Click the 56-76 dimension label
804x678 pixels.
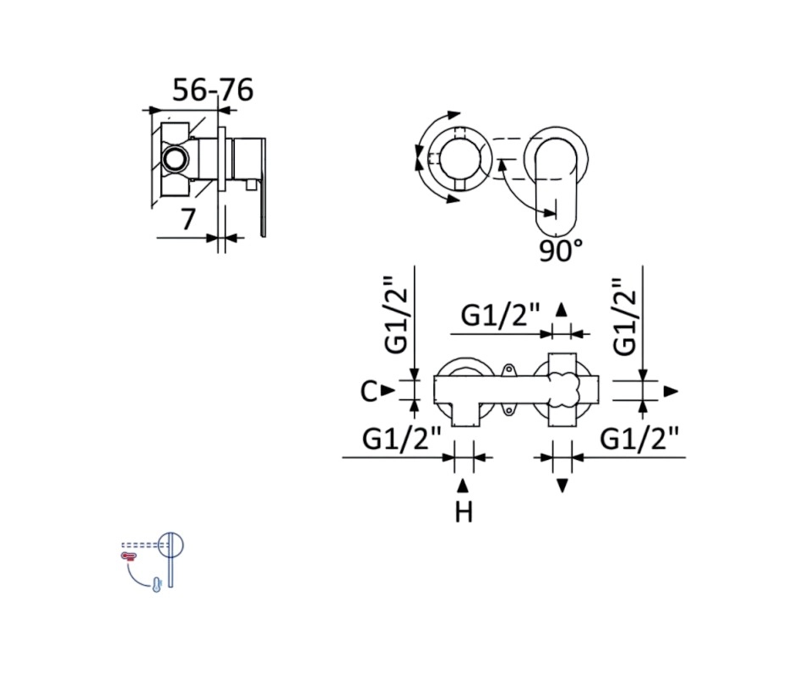[212, 90]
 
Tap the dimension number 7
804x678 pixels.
[188, 219]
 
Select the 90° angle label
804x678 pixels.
[561, 251]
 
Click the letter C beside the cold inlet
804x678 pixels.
[369, 391]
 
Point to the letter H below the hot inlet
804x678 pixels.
[464, 511]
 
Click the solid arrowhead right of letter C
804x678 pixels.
[388, 391]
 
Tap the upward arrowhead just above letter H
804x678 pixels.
[463, 485]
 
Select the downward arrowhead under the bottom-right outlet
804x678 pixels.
[562, 485]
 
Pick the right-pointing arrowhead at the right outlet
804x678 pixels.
[671, 391]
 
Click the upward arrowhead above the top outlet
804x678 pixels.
[562, 309]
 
